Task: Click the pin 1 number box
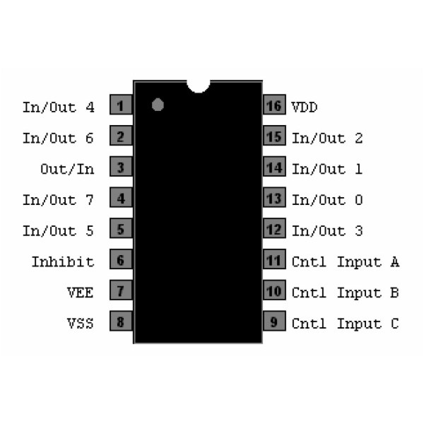pyautogui.click(x=122, y=106)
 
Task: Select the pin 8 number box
pyautogui.click(x=122, y=323)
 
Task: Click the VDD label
pyautogui.click(x=305, y=107)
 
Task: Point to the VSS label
pyautogui.click(x=80, y=324)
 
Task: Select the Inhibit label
pyautogui.click(x=62, y=261)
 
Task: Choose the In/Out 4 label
pyautogui.click(x=58, y=107)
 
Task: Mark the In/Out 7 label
pyautogui.click(x=58, y=200)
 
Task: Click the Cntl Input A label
pyautogui.click(x=346, y=261)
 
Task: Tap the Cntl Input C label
pyautogui.click(x=346, y=324)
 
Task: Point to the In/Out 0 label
pyautogui.click(x=327, y=200)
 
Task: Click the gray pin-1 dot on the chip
pyautogui.click(x=158, y=105)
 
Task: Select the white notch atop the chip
pyautogui.click(x=199, y=86)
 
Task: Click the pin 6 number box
pyautogui.click(x=122, y=261)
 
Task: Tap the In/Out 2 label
pyautogui.click(x=327, y=138)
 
